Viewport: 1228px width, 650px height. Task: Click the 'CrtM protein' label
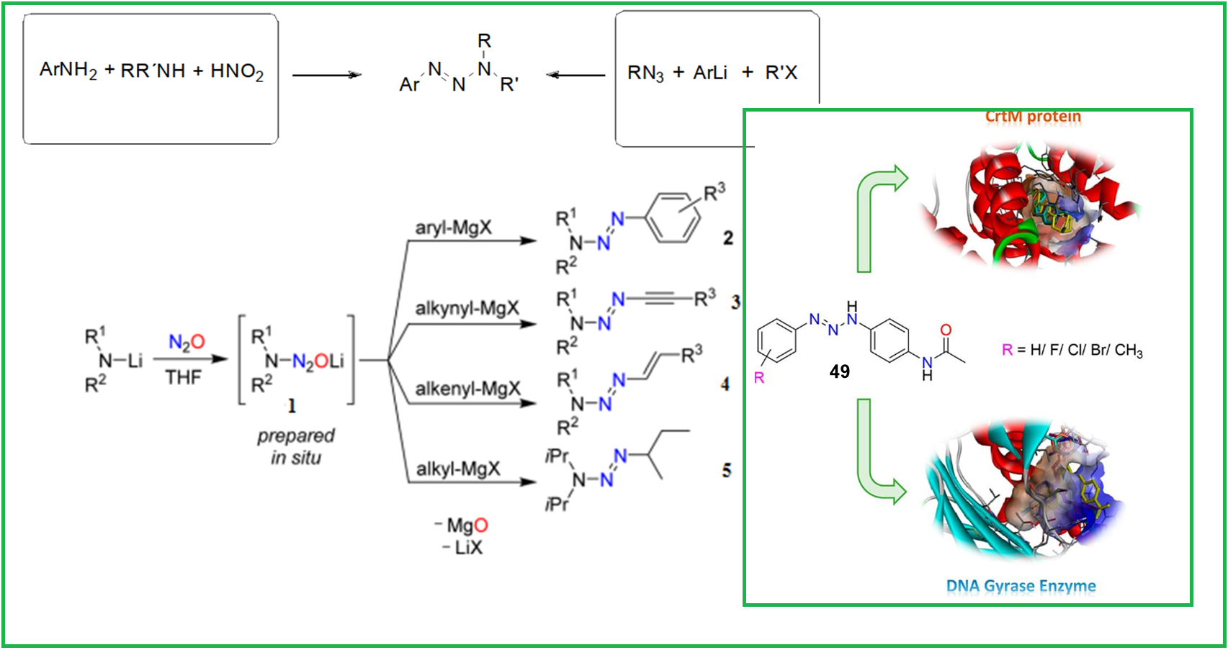click(1033, 117)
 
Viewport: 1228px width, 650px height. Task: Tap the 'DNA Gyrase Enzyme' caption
click(1021, 586)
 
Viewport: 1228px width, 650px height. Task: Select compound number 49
click(839, 371)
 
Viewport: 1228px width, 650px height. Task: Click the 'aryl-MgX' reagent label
click(453, 227)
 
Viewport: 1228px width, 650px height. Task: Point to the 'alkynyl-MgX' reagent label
click(467, 308)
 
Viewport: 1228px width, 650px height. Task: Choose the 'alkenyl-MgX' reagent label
click(467, 389)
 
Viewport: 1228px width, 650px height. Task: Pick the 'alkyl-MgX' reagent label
click(458, 469)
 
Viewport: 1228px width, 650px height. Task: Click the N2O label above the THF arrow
click(187, 343)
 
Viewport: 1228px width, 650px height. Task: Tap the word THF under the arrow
click(184, 377)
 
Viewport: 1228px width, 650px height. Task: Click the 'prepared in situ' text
click(296, 447)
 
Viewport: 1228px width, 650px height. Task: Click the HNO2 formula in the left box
click(237, 71)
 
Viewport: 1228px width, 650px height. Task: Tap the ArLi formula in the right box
click(710, 73)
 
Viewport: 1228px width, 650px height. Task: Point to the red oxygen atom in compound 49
click(946, 330)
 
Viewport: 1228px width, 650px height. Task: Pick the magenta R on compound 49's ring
click(759, 378)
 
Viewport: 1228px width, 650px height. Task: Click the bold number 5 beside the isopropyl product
click(727, 470)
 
